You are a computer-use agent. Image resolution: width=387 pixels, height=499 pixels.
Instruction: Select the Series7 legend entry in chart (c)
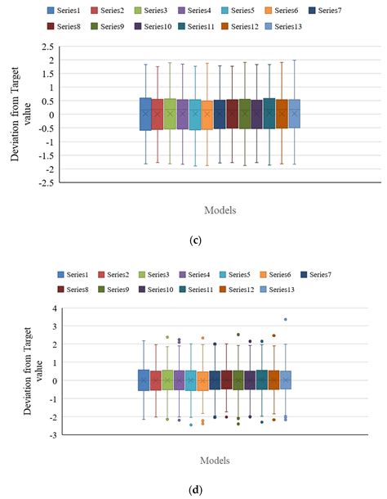click(326, 11)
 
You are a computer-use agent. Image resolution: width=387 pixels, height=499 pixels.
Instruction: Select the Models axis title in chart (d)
click(216, 461)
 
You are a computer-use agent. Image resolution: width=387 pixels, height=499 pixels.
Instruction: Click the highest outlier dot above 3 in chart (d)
click(285, 320)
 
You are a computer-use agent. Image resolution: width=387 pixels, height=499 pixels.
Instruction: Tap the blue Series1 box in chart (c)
click(145, 114)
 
